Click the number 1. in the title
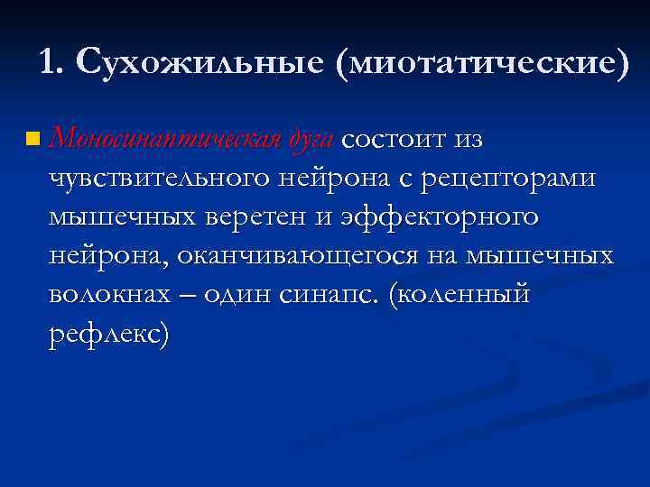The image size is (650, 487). coord(53,62)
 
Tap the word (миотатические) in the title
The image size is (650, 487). coord(482,62)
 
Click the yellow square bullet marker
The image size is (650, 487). coord(33,140)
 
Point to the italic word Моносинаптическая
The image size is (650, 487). coord(168,139)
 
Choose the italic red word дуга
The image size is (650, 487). coord(312,139)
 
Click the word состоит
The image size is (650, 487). coord(395,139)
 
